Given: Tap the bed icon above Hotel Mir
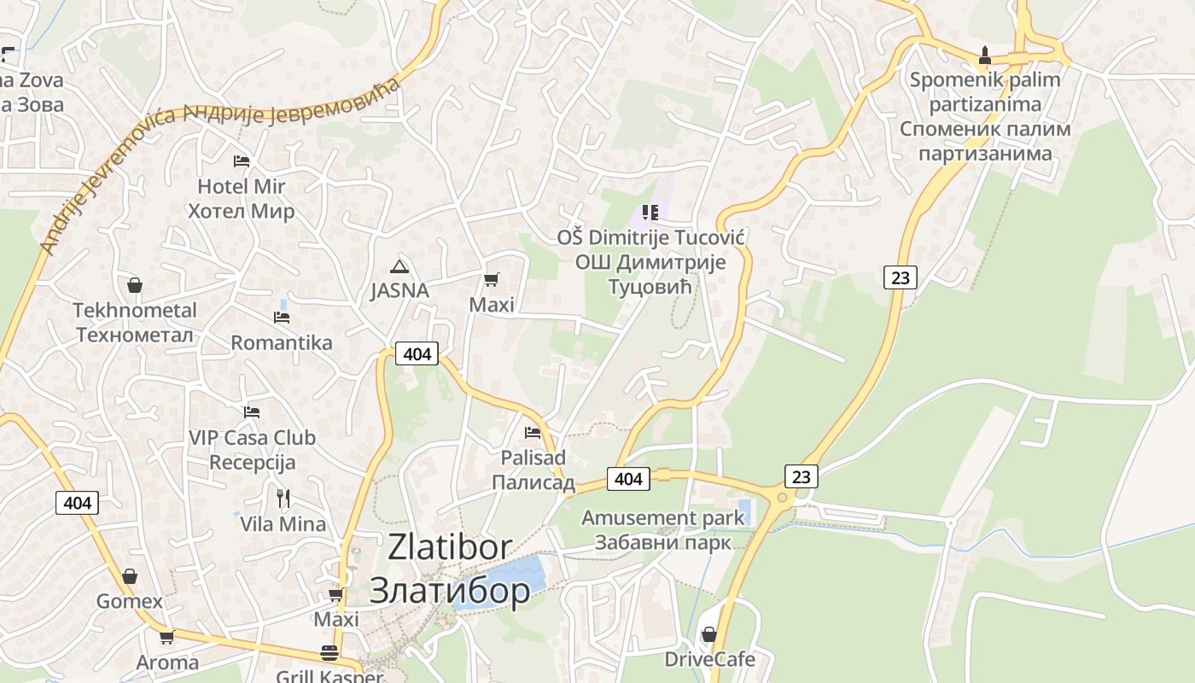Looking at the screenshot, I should [x=242, y=161].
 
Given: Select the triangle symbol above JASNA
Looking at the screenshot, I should [x=399, y=266].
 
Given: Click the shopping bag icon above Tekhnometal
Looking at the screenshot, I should [x=134, y=284].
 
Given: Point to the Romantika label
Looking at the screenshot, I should [x=282, y=343].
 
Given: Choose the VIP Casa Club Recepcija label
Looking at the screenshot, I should [x=252, y=450].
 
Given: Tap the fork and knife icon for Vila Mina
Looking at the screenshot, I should [x=283, y=498].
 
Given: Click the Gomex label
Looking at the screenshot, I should [x=129, y=601].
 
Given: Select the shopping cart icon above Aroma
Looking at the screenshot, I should [x=167, y=637].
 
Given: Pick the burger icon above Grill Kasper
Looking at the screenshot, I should [x=329, y=653].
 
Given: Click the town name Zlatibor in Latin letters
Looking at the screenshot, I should [x=450, y=547].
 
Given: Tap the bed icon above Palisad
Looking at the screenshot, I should [x=533, y=432].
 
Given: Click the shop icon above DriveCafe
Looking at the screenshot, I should [x=708, y=634].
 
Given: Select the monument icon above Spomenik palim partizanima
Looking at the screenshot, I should [x=984, y=55].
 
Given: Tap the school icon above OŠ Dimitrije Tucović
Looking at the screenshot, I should [x=650, y=212].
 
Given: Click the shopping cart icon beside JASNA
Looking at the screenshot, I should [x=491, y=279].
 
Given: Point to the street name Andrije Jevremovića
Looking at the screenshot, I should [x=213, y=162].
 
